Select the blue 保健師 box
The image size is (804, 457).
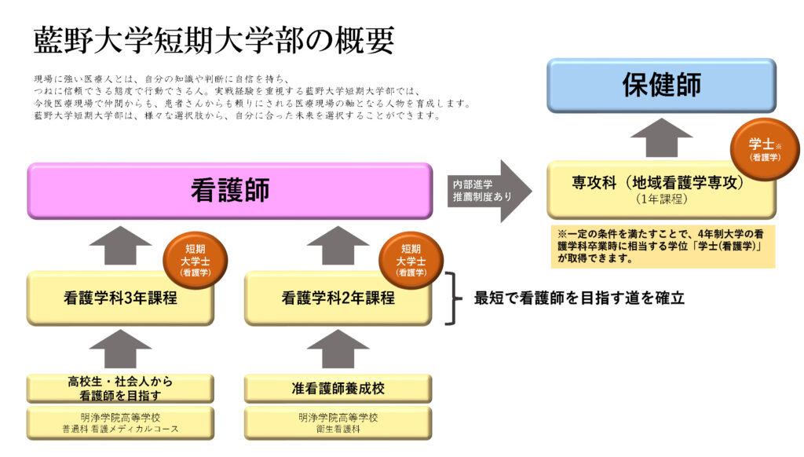(x=661, y=85)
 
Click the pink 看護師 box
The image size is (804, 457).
(x=229, y=191)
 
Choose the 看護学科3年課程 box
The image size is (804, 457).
(x=119, y=298)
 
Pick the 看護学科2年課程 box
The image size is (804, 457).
(x=337, y=298)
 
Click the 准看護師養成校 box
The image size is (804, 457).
(x=337, y=388)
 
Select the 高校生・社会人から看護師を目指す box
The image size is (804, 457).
(x=119, y=389)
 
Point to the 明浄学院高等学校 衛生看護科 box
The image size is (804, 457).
(x=337, y=422)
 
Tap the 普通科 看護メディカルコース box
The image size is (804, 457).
(x=119, y=422)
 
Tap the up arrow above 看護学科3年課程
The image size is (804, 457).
(x=119, y=245)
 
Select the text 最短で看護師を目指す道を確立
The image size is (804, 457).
(x=579, y=298)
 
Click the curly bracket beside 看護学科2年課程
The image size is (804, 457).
(x=451, y=298)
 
